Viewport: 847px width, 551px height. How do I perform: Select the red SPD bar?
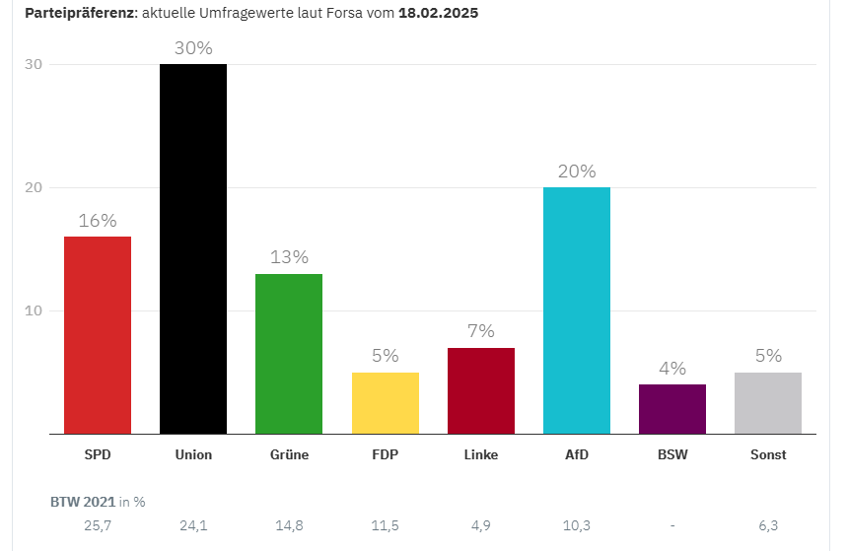(98, 335)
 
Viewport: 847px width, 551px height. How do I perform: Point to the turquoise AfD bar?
(577, 310)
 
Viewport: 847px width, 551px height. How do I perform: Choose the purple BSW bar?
(672, 408)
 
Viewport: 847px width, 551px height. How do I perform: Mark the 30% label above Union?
(193, 48)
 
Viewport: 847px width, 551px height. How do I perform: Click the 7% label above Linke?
(481, 331)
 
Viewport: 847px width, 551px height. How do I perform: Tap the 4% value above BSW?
(672, 368)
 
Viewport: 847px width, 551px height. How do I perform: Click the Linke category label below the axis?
(481, 454)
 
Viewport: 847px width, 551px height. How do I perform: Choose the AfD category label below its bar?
(577, 454)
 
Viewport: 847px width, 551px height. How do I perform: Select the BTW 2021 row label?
(83, 501)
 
